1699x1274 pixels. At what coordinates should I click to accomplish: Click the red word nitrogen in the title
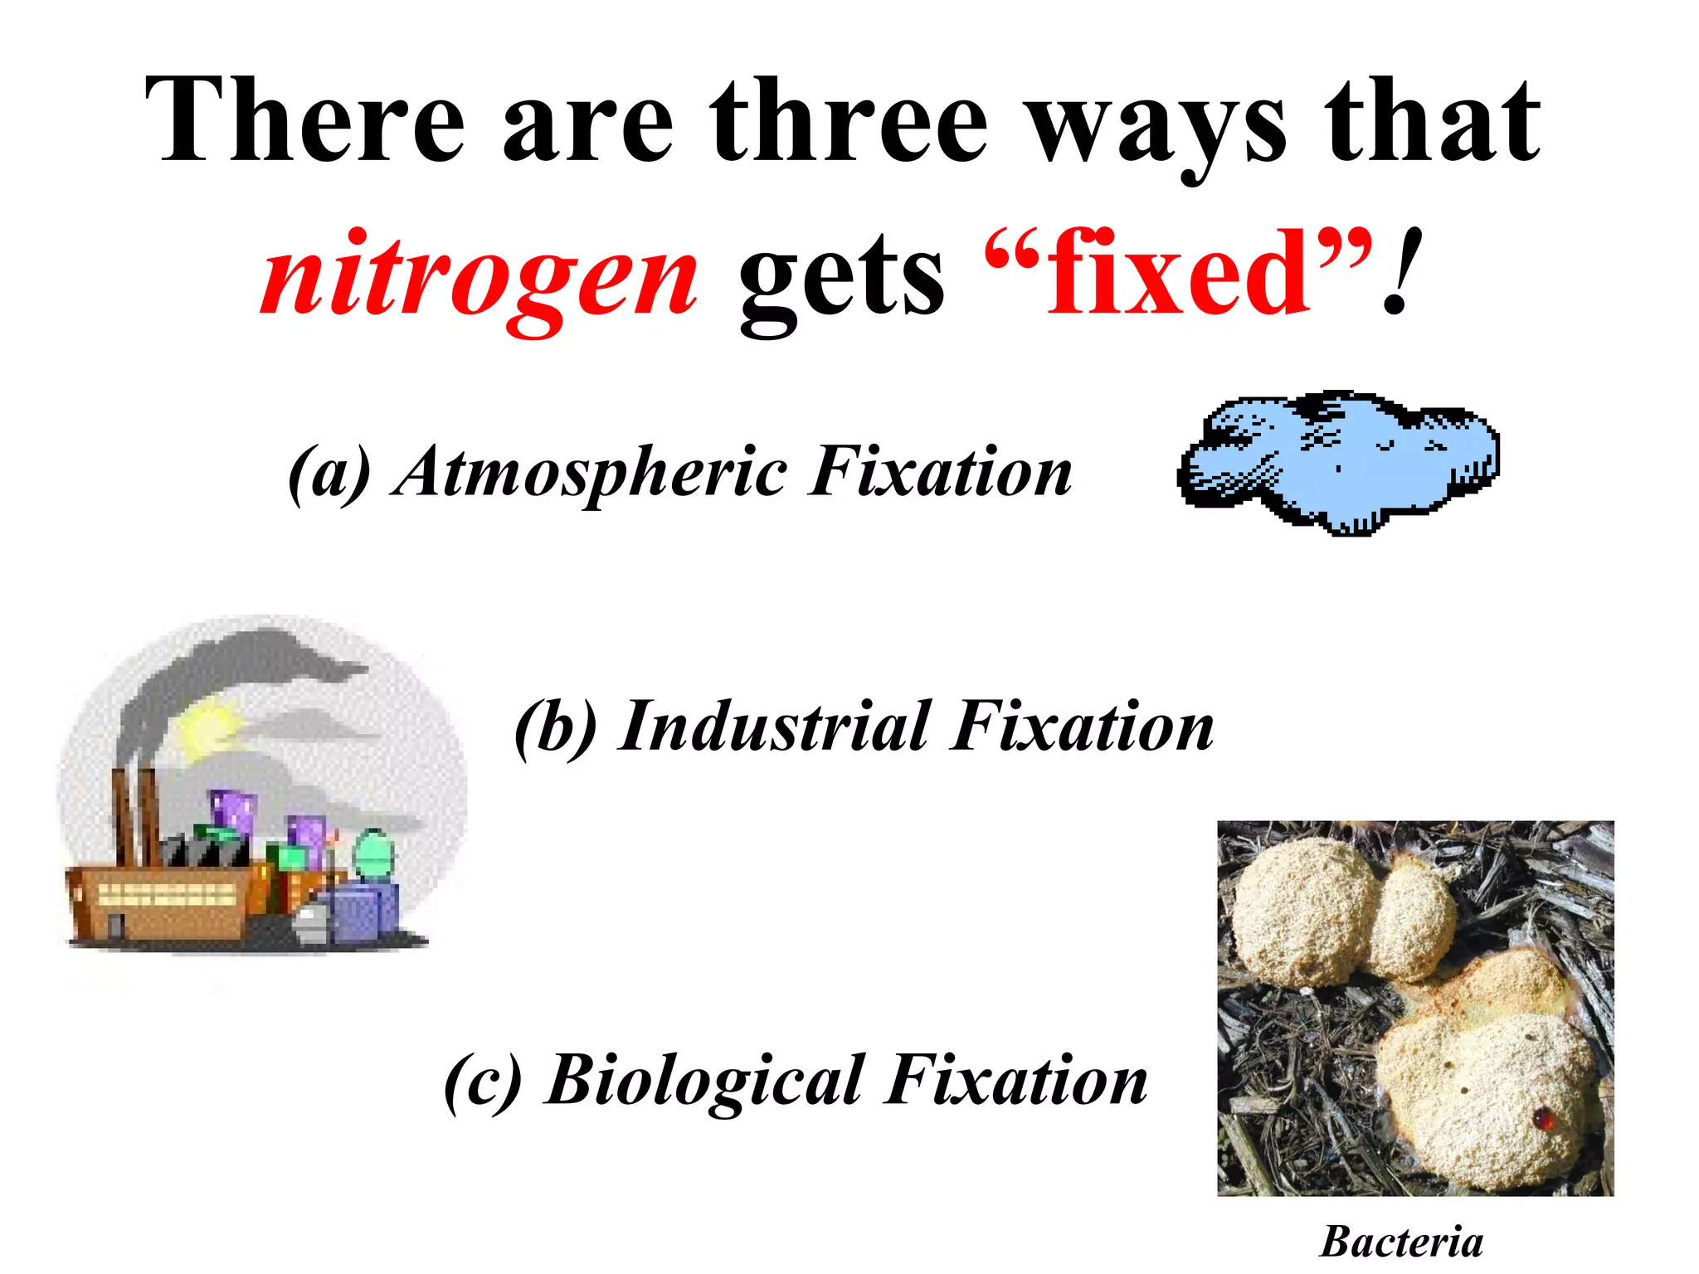[x=480, y=274]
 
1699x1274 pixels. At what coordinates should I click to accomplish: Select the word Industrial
[x=775, y=727]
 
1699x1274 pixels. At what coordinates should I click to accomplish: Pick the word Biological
[x=705, y=1081]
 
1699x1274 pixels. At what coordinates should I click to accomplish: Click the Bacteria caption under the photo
[x=1401, y=1242]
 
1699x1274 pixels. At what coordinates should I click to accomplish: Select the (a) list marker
[x=329, y=473]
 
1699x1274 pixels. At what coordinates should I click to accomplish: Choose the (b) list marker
[x=555, y=727]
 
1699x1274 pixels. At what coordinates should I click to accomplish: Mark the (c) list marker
[x=484, y=1081]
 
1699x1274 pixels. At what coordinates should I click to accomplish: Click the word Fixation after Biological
[x=1017, y=1081]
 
